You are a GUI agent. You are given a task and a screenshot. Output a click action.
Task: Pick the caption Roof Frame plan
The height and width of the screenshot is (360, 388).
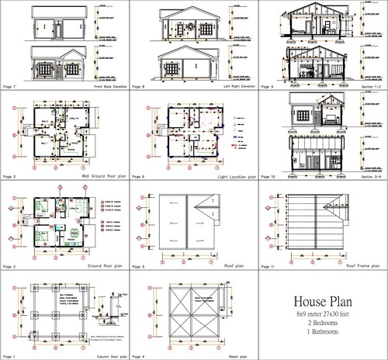tap(362, 266)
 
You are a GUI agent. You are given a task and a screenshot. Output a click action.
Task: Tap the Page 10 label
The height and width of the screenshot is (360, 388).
tap(271, 178)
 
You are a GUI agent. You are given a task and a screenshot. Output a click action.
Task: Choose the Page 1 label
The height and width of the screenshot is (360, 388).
tap(12, 355)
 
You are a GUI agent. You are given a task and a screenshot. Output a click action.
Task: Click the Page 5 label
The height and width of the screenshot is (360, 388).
tap(140, 266)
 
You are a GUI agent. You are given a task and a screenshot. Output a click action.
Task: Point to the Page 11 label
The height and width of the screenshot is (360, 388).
tap(271, 266)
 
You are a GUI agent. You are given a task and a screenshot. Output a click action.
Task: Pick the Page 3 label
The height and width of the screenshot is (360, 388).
tap(12, 178)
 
